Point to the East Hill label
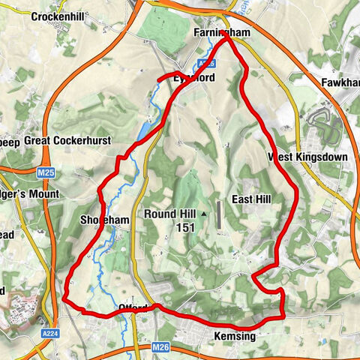coord(250,199)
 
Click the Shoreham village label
coord(100,219)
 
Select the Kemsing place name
coord(234,337)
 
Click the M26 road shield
coord(160,348)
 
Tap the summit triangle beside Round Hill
coord(203,214)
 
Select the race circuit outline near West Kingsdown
coord(324,120)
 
